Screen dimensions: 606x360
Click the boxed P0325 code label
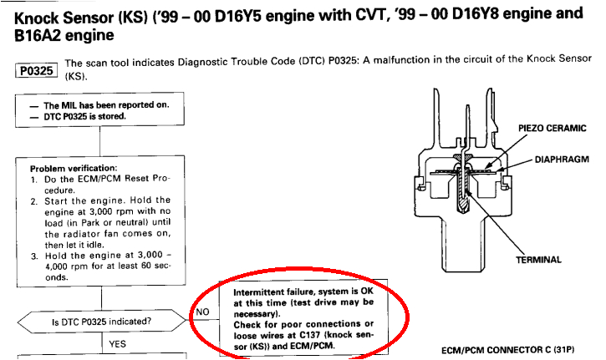(36, 71)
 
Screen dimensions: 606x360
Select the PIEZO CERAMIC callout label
(553, 129)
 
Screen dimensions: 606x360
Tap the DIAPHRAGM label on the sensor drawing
(562, 160)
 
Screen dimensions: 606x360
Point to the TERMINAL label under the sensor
(538, 260)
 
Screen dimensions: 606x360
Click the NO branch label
(202, 312)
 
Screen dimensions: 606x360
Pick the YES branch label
(117, 344)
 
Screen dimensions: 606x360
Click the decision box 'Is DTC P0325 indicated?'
(102, 322)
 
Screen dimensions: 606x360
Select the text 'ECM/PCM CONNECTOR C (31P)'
(508, 350)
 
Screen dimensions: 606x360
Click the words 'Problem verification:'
(74, 169)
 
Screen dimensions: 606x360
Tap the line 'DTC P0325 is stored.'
(84, 116)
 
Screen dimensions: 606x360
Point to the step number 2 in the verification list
(34, 201)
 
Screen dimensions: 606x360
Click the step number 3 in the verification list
(34, 256)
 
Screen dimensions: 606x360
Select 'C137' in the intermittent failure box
(308, 335)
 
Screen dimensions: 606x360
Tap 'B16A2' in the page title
(37, 36)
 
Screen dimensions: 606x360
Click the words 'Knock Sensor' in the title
(64, 18)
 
